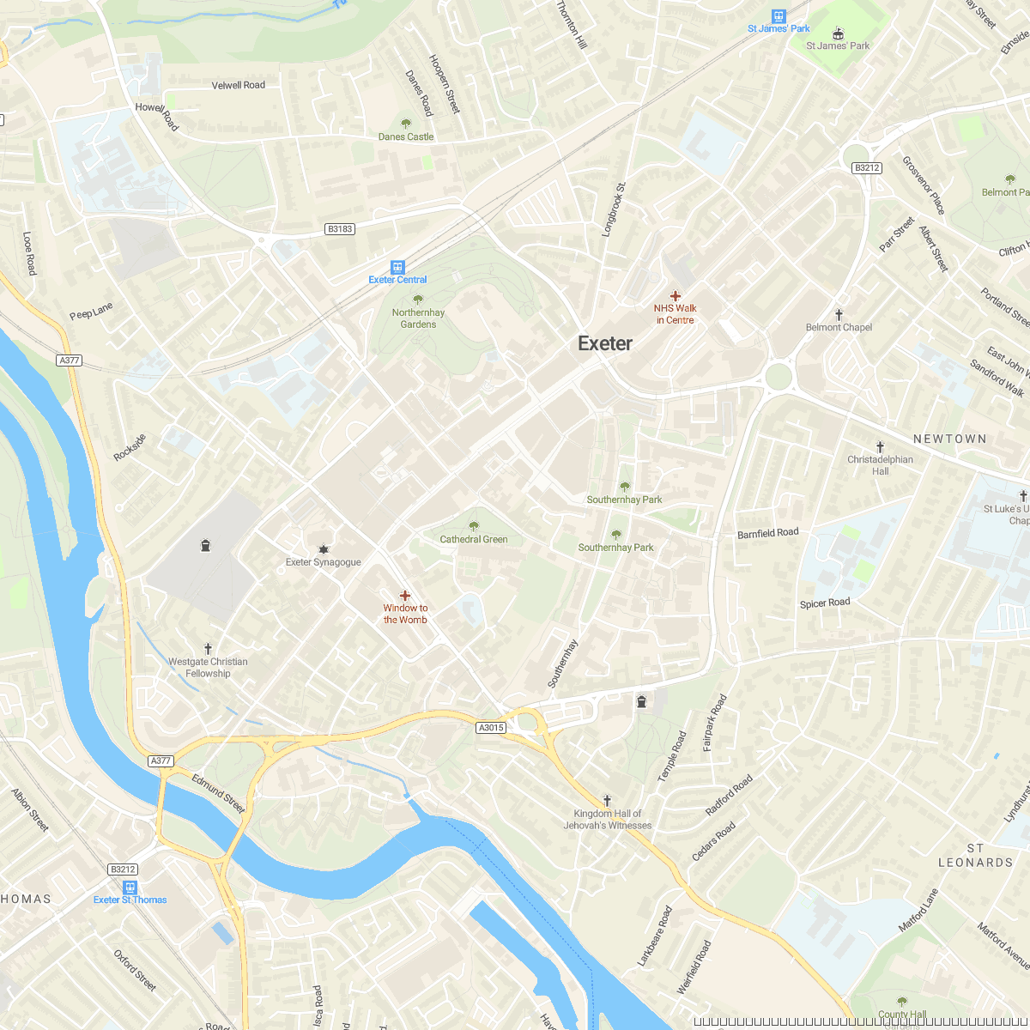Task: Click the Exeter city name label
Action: (x=605, y=343)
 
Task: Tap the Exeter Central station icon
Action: (x=397, y=267)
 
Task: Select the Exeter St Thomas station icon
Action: (x=130, y=888)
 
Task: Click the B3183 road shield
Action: (x=340, y=229)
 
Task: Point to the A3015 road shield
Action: (x=491, y=728)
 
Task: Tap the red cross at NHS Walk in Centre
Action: (x=676, y=295)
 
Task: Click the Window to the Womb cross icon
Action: (x=405, y=596)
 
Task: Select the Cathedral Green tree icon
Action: (x=474, y=526)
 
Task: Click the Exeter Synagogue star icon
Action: (x=324, y=549)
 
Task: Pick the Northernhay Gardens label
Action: (x=418, y=318)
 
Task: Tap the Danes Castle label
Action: (x=406, y=136)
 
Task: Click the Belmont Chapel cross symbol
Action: (x=839, y=315)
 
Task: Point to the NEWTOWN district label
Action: (x=949, y=439)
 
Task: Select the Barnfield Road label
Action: (x=767, y=534)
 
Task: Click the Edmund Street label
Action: (x=218, y=793)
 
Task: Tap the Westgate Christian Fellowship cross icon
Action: (x=208, y=649)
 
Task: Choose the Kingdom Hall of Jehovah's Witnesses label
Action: (x=608, y=820)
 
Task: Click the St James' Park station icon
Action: (x=779, y=15)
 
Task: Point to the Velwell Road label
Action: (x=239, y=85)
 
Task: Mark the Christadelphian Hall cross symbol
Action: (x=880, y=447)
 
